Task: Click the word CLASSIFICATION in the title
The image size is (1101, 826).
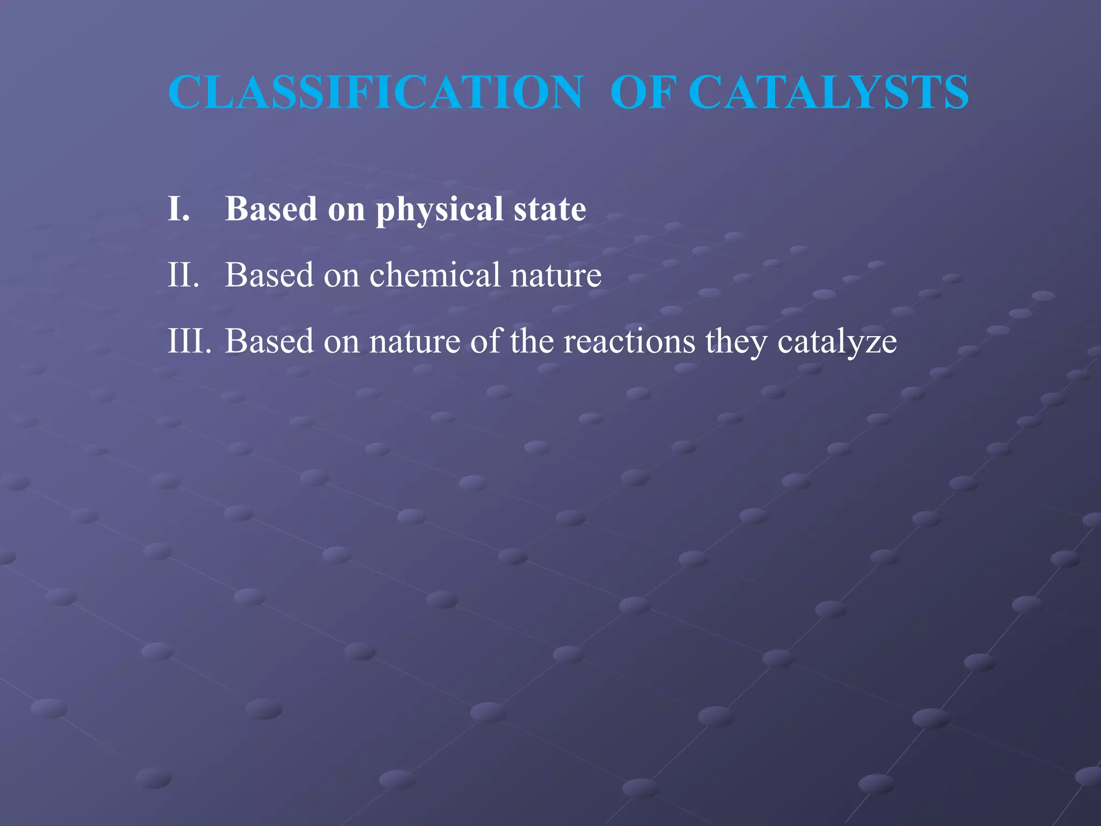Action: pyautogui.click(x=375, y=92)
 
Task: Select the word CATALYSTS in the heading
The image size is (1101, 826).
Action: pyautogui.click(x=828, y=92)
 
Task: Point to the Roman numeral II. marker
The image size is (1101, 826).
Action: pyautogui.click(x=183, y=275)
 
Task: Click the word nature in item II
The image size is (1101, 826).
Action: pyautogui.click(x=556, y=276)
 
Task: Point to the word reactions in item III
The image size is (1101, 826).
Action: pyautogui.click(x=629, y=341)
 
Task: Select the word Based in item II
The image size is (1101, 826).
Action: pyautogui.click(x=269, y=275)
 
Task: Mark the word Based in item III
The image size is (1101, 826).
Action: pyautogui.click(x=269, y=341)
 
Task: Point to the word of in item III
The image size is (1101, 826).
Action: pyautogui.click(x=485, y=341)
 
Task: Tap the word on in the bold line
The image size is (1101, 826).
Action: pyautogui.click(x=346, y=210)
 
